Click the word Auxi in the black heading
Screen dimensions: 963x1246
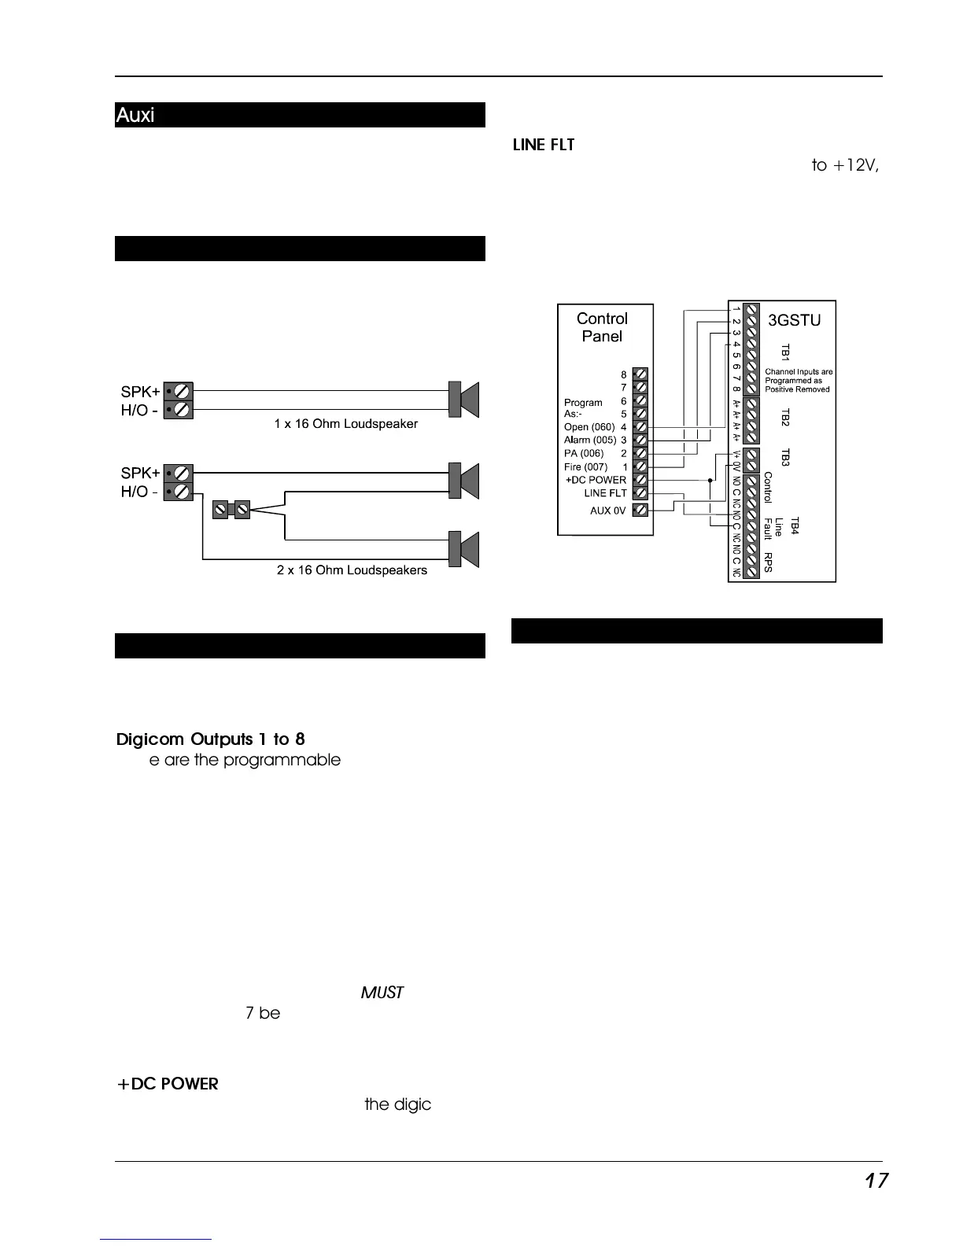click(135, 116)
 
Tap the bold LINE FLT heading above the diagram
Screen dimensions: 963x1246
click(544, 146)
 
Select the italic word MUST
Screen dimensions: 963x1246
click(382, 993)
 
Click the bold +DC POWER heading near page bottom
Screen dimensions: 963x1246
click(168, 1084)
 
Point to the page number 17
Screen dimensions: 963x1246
click(876, 1181)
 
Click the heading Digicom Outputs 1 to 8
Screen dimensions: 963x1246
click(210, 739)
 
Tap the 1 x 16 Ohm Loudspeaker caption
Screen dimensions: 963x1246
click(345, 424)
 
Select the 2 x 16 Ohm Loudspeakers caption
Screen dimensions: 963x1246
click(352, 570)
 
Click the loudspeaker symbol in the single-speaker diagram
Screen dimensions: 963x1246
click(463, 400)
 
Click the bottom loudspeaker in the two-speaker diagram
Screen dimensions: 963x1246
click(463, 549)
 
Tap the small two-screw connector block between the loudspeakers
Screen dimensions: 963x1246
click(231, 510)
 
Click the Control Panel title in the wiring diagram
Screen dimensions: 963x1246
click(602, 327)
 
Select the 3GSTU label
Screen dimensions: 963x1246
click(794, 320)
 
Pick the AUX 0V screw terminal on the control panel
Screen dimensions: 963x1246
click(640, 510)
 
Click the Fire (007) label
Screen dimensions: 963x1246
click(585, 466)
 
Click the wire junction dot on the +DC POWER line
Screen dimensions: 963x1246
click(710, 480)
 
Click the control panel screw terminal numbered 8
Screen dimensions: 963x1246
click(640, 374)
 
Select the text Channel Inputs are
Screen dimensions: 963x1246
click(799, 372)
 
